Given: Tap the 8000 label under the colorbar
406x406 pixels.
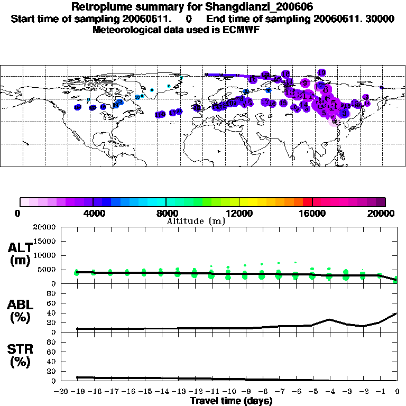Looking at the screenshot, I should tap(166, 213).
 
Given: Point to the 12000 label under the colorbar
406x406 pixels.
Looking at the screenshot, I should tap(239, 213).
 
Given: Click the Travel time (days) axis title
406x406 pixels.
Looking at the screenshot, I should tap(231, 401).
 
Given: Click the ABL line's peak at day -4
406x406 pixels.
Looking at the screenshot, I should tap(329, 319).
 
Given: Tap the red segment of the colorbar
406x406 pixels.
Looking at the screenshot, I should tap(307, 201).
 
